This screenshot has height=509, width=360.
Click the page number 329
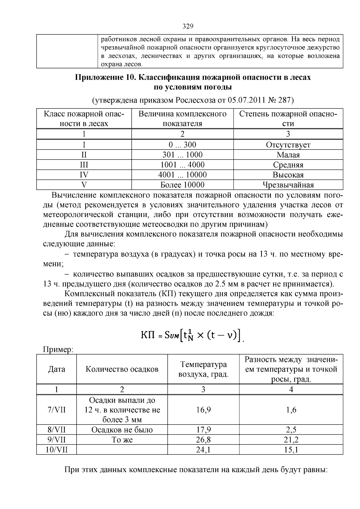188,26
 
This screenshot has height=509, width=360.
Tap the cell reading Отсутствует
288,145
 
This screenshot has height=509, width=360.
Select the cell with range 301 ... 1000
182,155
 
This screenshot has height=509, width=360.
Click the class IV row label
84,175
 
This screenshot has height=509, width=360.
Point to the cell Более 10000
182,185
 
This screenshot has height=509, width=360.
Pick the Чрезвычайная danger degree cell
288,185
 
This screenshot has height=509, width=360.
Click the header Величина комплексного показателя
182,119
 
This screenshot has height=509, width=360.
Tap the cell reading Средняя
288,165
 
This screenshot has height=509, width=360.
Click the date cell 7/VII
56,410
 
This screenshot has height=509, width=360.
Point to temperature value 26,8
203,440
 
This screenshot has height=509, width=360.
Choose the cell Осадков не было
122,430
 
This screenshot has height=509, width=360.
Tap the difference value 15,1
291,450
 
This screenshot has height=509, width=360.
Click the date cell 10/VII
56,450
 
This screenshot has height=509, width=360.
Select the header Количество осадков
122,369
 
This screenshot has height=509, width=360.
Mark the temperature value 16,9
203,410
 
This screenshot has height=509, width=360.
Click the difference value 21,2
291,440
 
